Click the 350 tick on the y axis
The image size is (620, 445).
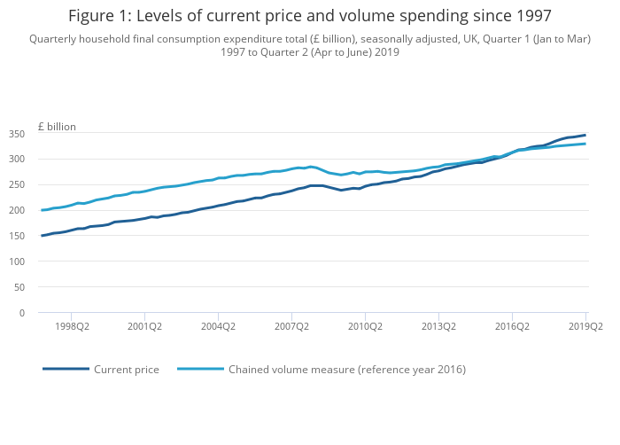pos(16,134)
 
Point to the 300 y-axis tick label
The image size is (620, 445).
pos(16,160)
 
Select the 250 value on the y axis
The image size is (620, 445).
pos(16,185)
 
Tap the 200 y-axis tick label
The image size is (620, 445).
pos(16,211)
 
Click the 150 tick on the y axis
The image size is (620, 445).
pos(16,236)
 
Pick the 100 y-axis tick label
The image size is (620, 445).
pos(16,262)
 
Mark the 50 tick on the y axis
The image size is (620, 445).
pos(19,287)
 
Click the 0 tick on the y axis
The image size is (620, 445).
pos(21,313)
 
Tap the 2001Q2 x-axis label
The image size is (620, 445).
pos(144,326)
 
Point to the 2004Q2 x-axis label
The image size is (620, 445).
pos(218,326)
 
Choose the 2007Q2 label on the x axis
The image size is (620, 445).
pos(291,326)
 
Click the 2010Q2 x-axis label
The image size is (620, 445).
pos(365,326)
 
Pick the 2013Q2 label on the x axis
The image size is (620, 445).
pos(438,326)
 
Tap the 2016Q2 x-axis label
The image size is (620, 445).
pos(512,326)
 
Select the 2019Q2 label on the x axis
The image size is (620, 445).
pos(585,326)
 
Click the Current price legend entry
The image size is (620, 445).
pos(127,370)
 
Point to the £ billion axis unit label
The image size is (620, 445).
pos(57,127)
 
